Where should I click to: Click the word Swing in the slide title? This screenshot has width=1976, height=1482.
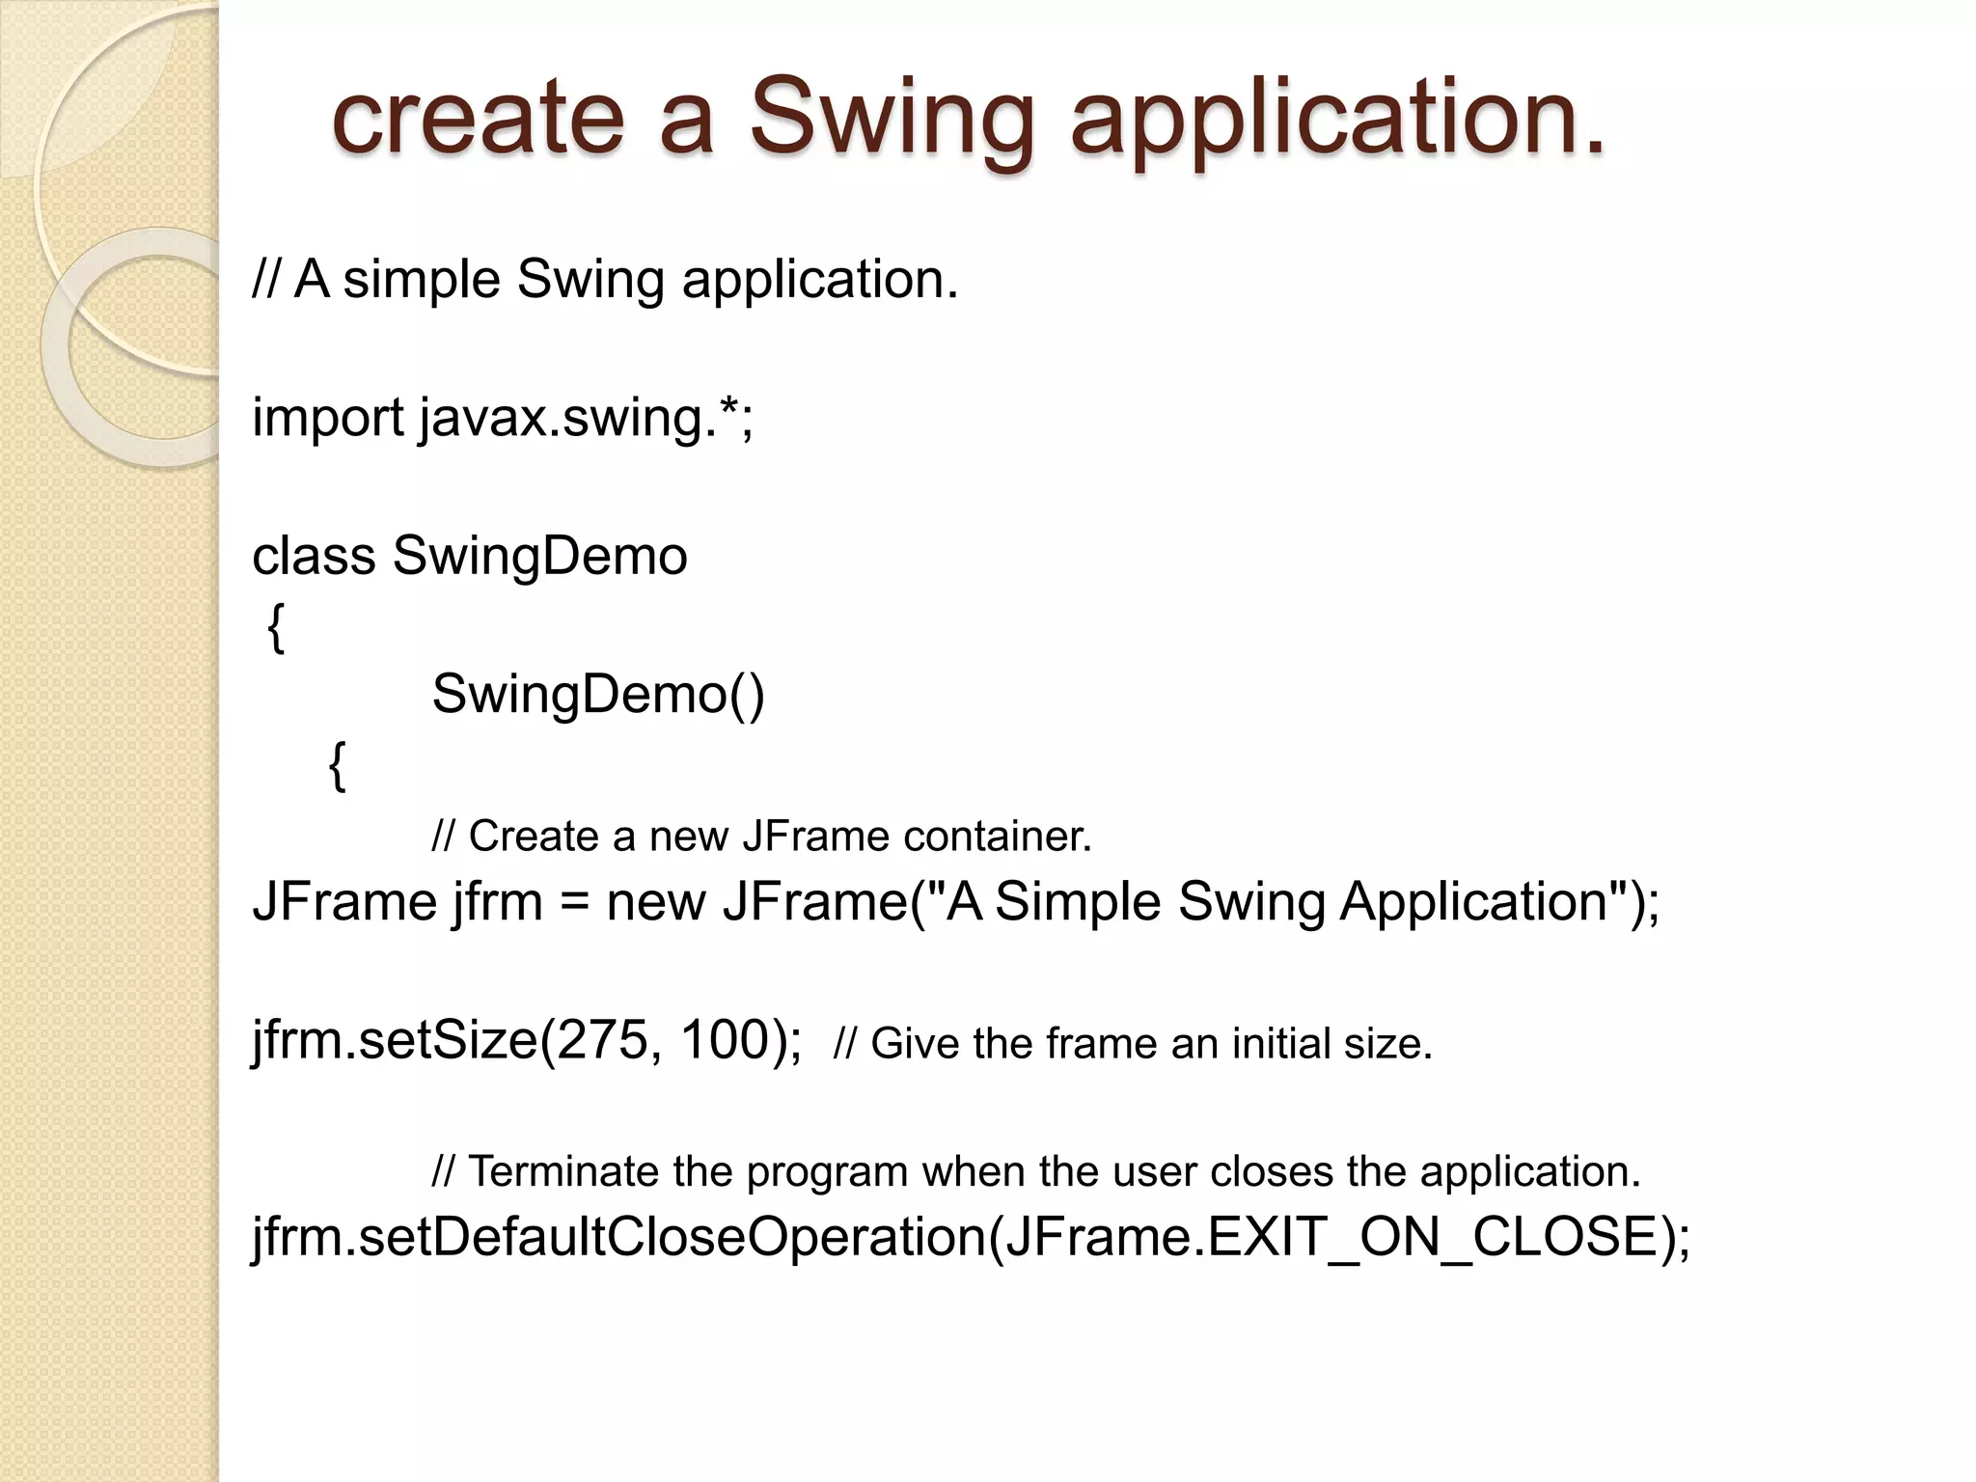[x=892, y=118]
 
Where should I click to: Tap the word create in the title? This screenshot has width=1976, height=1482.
[x=479, y=118]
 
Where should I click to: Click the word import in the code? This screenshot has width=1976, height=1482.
[x=328, y=419]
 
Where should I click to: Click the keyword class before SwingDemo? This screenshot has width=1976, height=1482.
[x=314, y=557]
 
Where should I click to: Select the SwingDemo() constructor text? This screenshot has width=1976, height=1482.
[x=598, y=695]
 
